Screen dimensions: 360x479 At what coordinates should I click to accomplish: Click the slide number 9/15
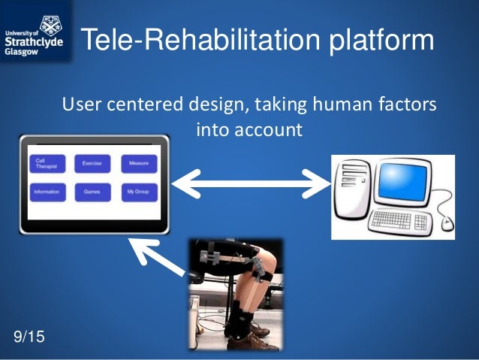click(x=29, y=337)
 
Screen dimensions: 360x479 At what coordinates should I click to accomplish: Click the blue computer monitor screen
click(x=408, y=183)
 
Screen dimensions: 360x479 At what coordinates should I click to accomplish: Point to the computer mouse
click(x=447, y=222)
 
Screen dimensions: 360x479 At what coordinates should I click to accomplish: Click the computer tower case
click(x=352, y=197)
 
